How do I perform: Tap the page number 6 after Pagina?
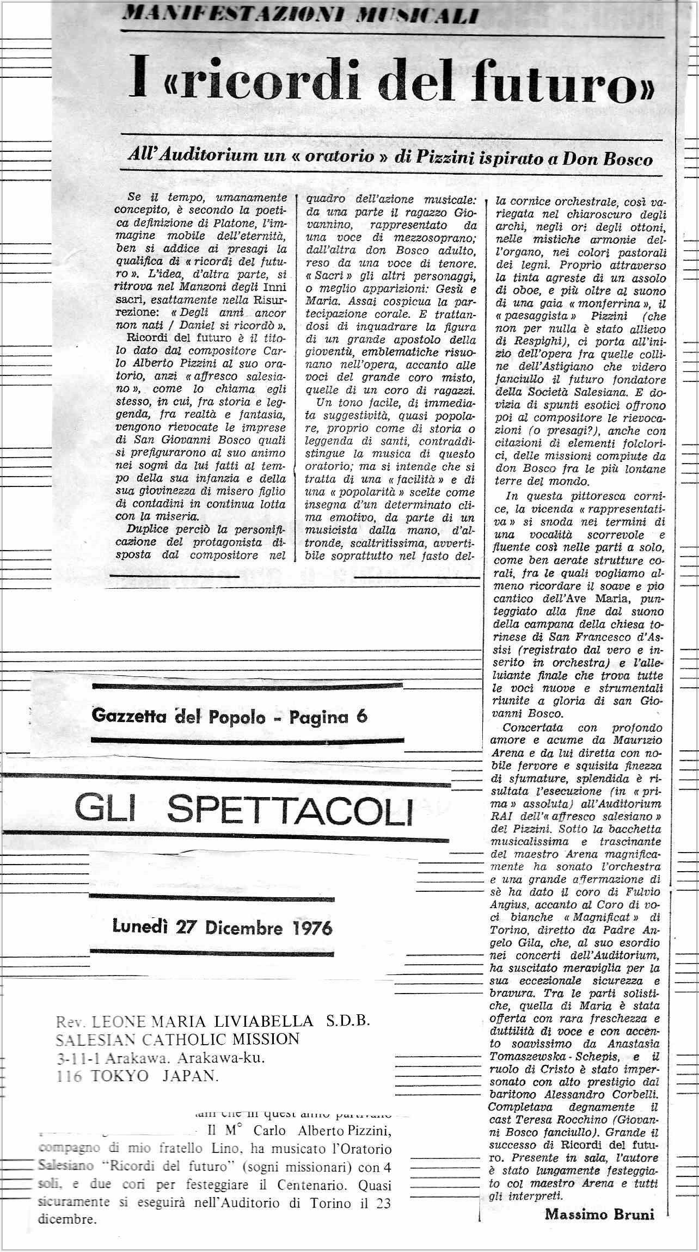tap(361, 717)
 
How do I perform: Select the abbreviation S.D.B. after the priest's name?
tap(348, 1021)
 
